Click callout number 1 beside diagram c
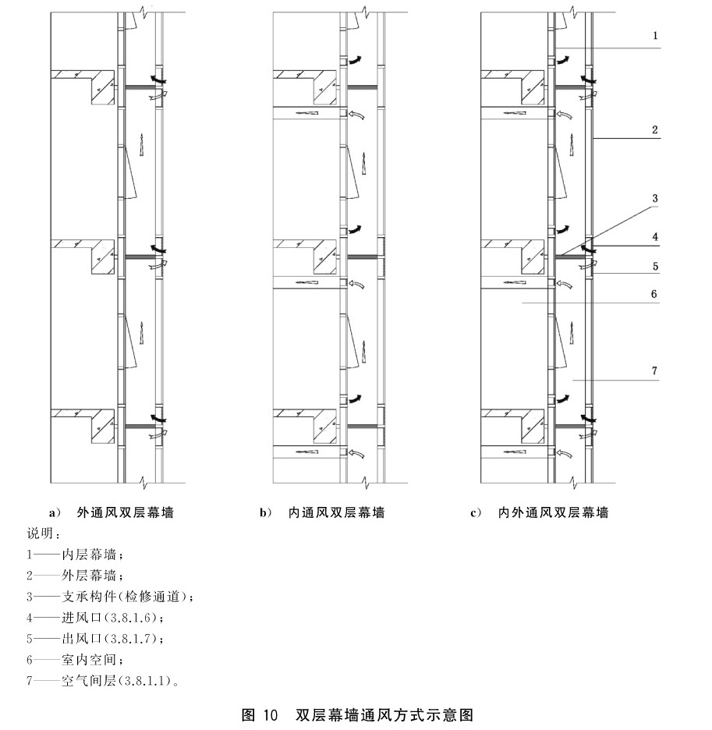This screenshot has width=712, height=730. (x=655, y=36)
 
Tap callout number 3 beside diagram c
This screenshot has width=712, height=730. (x=655, y=199)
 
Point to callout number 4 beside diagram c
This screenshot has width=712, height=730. (x=655, y=236)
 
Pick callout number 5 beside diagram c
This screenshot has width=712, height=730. (x=655, y=266)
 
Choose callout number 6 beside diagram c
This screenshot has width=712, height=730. (x=655, y=294)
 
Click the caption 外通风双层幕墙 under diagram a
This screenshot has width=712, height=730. (x=125, y=513)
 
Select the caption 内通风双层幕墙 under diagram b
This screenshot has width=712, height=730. (x=336, y=513)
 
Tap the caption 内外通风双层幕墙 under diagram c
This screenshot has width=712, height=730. (x=553, y=513)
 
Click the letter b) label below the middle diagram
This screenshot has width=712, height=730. (x=266, y=513)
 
